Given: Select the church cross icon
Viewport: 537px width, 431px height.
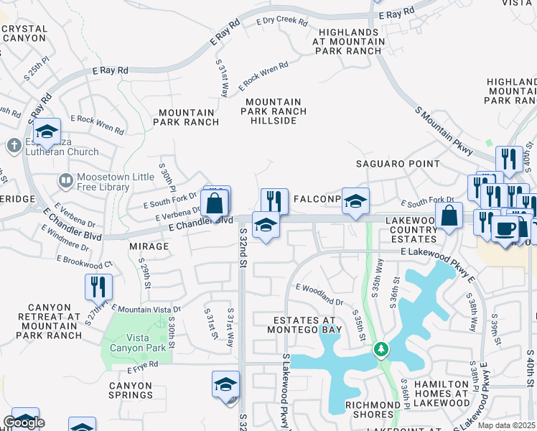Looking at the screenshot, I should coord(14,147).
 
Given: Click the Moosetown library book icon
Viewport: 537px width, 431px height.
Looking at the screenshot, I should coord(65,180).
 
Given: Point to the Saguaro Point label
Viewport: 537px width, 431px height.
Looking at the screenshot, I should coord(398,164).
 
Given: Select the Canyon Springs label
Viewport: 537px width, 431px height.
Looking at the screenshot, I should coord(131,390).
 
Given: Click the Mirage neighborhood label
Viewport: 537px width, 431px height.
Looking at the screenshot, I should coord(150,246).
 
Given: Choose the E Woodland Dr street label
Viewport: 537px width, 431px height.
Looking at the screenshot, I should coord(319,294).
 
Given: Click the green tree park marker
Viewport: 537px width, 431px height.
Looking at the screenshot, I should coord(381,350).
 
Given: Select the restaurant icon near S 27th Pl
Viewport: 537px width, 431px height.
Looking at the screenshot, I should coord(98,286).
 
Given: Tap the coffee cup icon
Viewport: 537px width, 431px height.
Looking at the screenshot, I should coord(505,229).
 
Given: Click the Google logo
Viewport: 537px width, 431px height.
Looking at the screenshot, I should coord(24,422).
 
